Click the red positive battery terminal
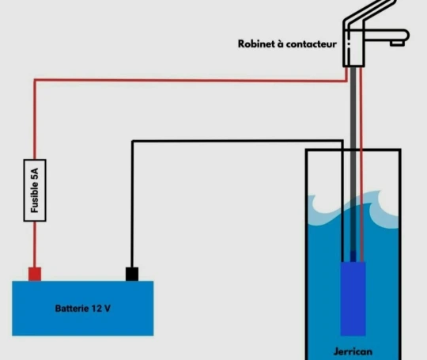click(35, 274)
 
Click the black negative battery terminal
click(132, 274)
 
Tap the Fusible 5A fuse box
click(35, 190)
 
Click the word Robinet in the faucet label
click(256, 44)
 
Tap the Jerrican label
click(353, 351)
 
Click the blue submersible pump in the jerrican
click(353, 299)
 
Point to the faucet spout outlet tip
click(397, 43)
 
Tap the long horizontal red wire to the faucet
click(191, 81)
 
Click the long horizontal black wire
click(237, 141)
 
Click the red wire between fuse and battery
click(35, 244)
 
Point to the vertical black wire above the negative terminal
click(132, 204)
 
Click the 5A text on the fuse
click(35, 174)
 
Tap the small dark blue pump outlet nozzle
click(353, 256)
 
